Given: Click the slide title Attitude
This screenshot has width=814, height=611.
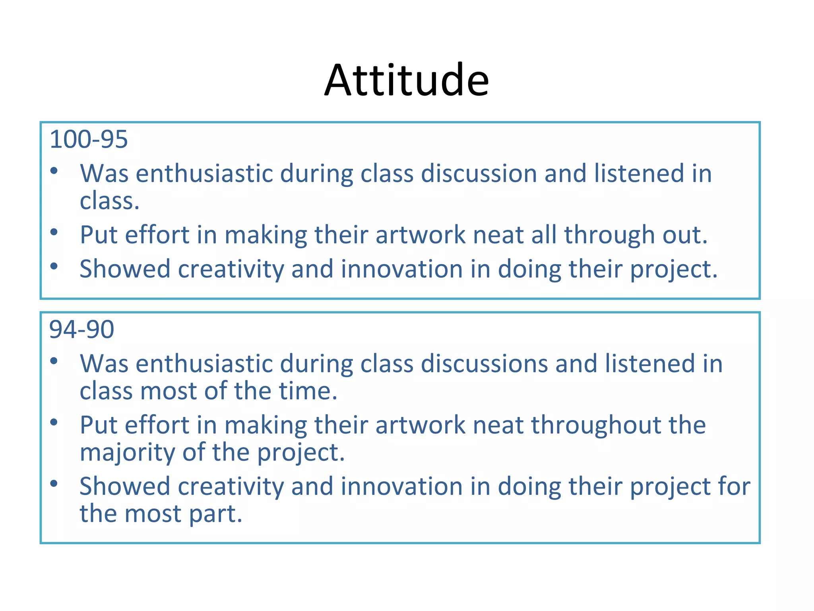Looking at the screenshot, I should click(406, 80).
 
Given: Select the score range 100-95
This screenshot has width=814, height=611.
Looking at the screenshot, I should click(88, 139).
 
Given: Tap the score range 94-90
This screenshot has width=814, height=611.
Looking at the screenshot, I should click(81, 329).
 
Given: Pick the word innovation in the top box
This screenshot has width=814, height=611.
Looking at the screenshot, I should click(402, 269).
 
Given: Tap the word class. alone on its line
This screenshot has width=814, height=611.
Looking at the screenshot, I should click(110, 201).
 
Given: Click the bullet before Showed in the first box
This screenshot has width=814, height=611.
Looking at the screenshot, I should click(54, 266).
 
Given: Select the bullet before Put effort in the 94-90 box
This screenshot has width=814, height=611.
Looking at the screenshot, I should click(54, 422).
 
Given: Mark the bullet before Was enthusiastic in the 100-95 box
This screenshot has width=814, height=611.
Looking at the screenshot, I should click(54, 171).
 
